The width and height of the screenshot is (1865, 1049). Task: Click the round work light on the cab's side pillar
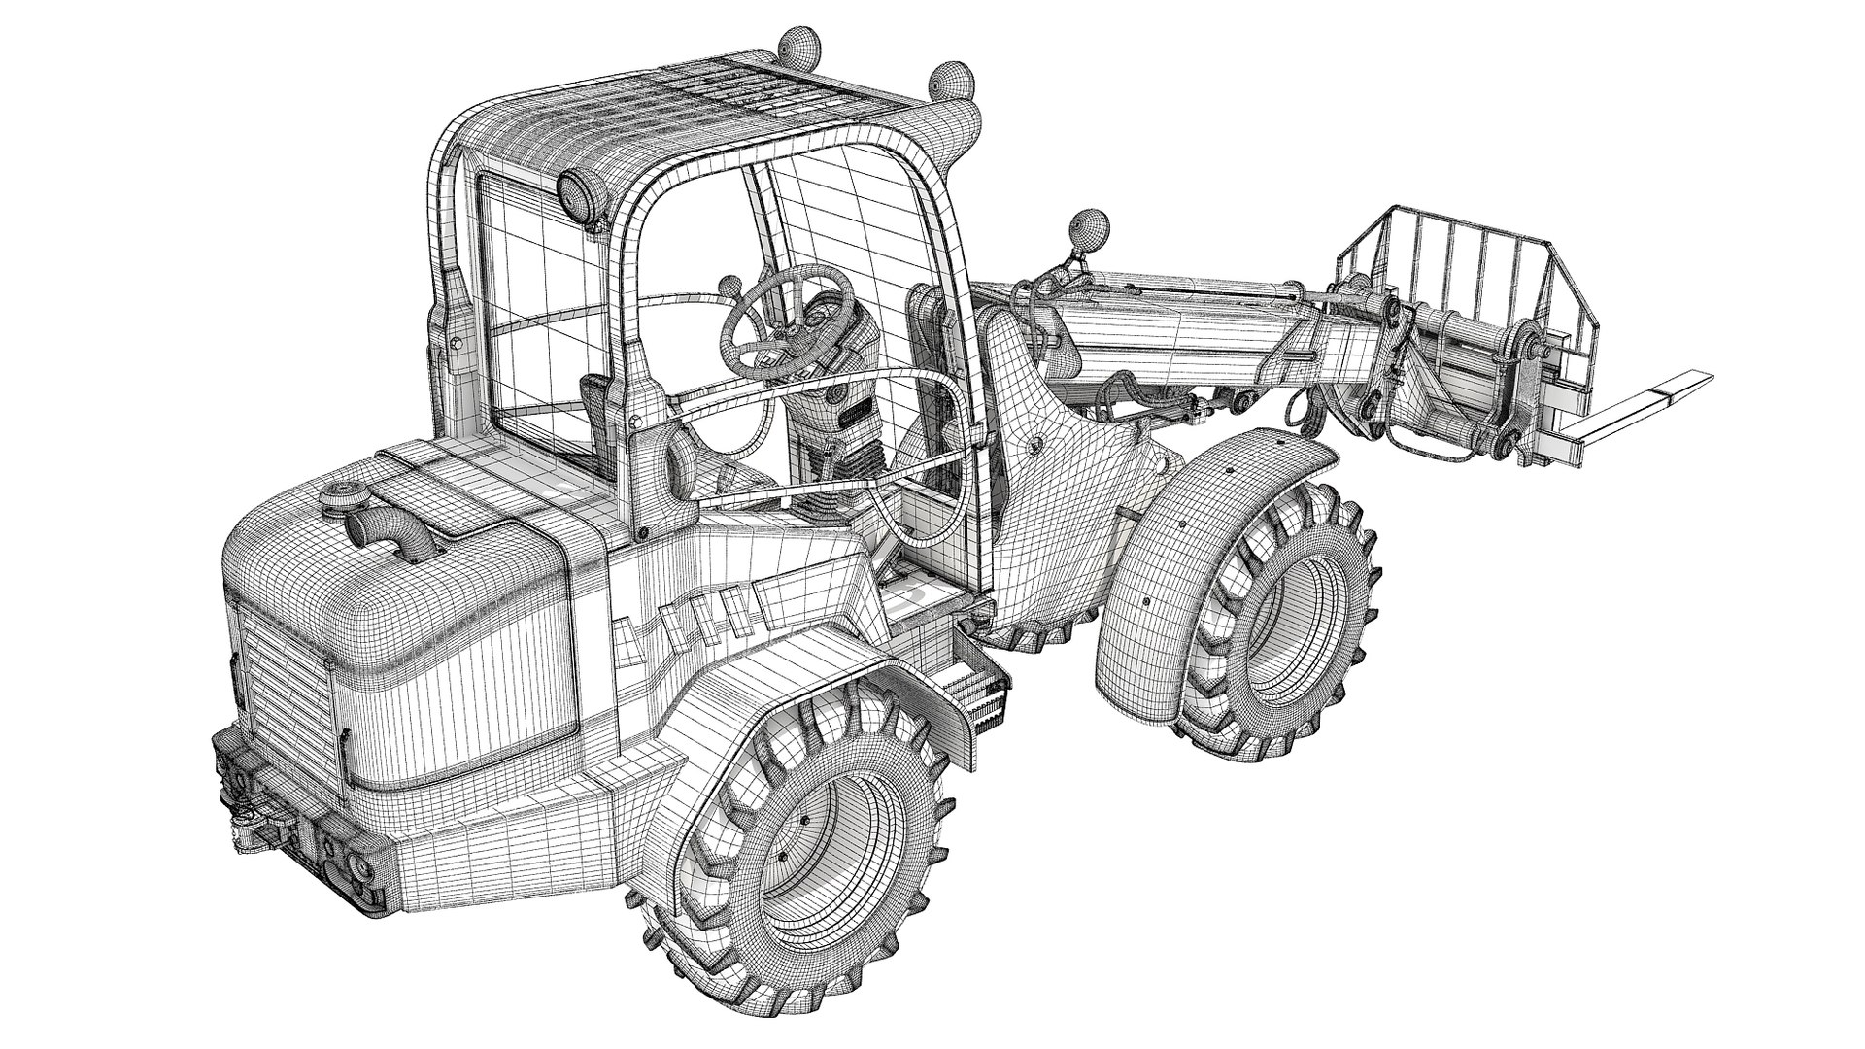pos(577,193)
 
